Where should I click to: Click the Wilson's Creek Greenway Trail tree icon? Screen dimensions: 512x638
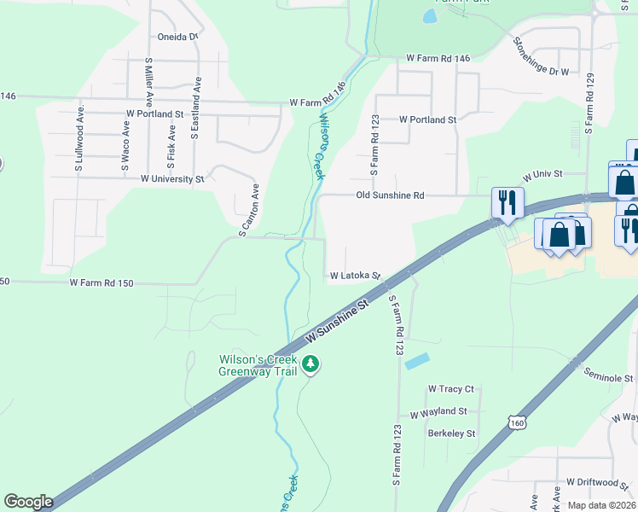tap(312, 364)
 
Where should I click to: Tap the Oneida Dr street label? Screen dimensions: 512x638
tap(177, 38)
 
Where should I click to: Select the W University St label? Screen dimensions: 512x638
tap(172, 179)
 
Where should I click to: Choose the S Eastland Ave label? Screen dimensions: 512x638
tap(196, 108)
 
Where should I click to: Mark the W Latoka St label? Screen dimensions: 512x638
tap(355, 276)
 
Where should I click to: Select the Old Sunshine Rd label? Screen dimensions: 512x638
tap(390, 195)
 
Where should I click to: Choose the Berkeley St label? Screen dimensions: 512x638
tap(451, 433)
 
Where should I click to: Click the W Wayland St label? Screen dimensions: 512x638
tap(438, 412)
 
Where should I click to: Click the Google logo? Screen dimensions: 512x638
tap(28, 502)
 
